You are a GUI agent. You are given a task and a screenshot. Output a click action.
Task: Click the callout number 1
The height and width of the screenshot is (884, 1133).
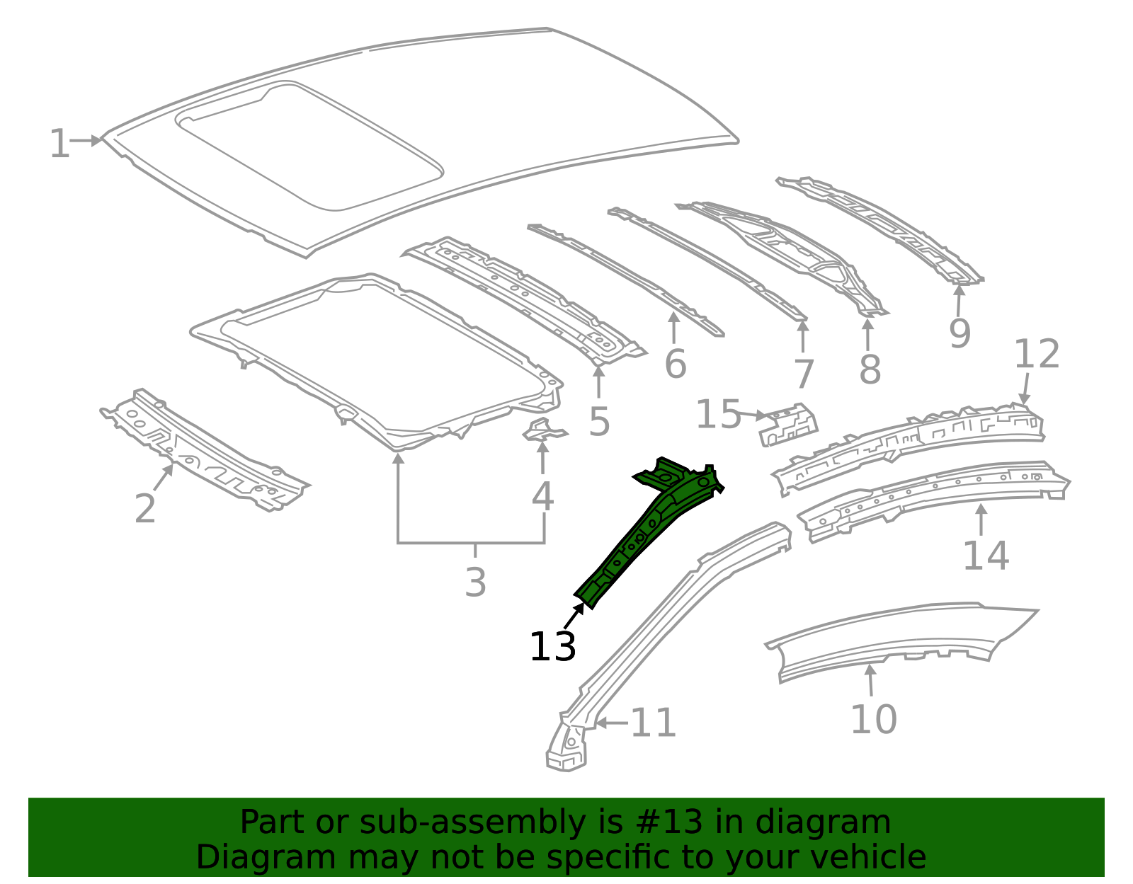pyautogui.click(x=59, y=144)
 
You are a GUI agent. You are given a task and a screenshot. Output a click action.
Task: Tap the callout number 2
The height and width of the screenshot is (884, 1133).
pyautogui.click(x=145, y=509)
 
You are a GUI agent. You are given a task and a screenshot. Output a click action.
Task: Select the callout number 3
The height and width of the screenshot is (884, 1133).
pyautogui.click(x=476, y=582)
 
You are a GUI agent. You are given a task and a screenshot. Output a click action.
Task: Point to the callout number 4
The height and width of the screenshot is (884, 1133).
pyautogui.click(x=542, y=497)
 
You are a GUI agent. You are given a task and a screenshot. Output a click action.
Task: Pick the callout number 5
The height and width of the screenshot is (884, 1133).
pyautogui.click(x=599, y=423)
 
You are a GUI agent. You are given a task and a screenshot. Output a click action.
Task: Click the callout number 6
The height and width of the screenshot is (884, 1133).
pyautogui.click(x=676, y=365)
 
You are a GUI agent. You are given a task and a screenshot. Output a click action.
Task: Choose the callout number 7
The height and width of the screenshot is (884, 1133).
pyautogui.click(x=804, y=374)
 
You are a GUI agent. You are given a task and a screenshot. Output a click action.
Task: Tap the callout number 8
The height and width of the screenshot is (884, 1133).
pyautogui.click(x=870, y=369)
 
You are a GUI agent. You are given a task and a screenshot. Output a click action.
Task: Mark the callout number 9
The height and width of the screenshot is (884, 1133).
pyautogui.click(x=960, y=334)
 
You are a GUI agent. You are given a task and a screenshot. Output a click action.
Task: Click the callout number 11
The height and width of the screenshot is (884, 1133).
pyautogui.click(x=653, y=724)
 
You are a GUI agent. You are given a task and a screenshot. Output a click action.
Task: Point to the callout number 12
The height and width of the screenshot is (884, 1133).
pyautogui.click(x=1037, y=354)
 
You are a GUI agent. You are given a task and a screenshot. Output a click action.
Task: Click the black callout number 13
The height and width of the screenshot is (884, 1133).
pyautogui.click(x=552, y=647)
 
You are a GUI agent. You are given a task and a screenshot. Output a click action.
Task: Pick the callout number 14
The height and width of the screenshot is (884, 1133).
pyautogui.click(x=986, y=556)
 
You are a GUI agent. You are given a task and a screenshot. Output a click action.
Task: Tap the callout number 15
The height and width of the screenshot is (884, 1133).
pyautogui.click(x=718, y=415)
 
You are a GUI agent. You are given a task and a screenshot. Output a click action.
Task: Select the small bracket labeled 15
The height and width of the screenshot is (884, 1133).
pyautogui.click(x=789, y=425)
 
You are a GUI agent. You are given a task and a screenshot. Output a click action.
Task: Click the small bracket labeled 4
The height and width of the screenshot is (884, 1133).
pyautogui.click(x=543, y=430)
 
